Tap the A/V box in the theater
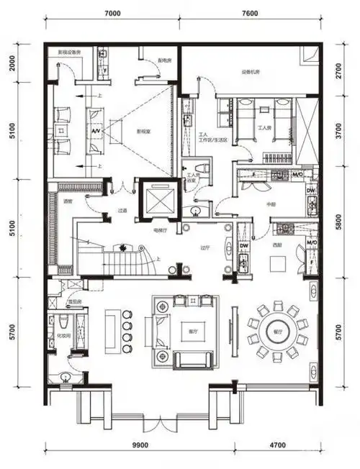[x=95, y=132]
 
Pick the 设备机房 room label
[x=250, y=72]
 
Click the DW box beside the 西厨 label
[x=243, y=245]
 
